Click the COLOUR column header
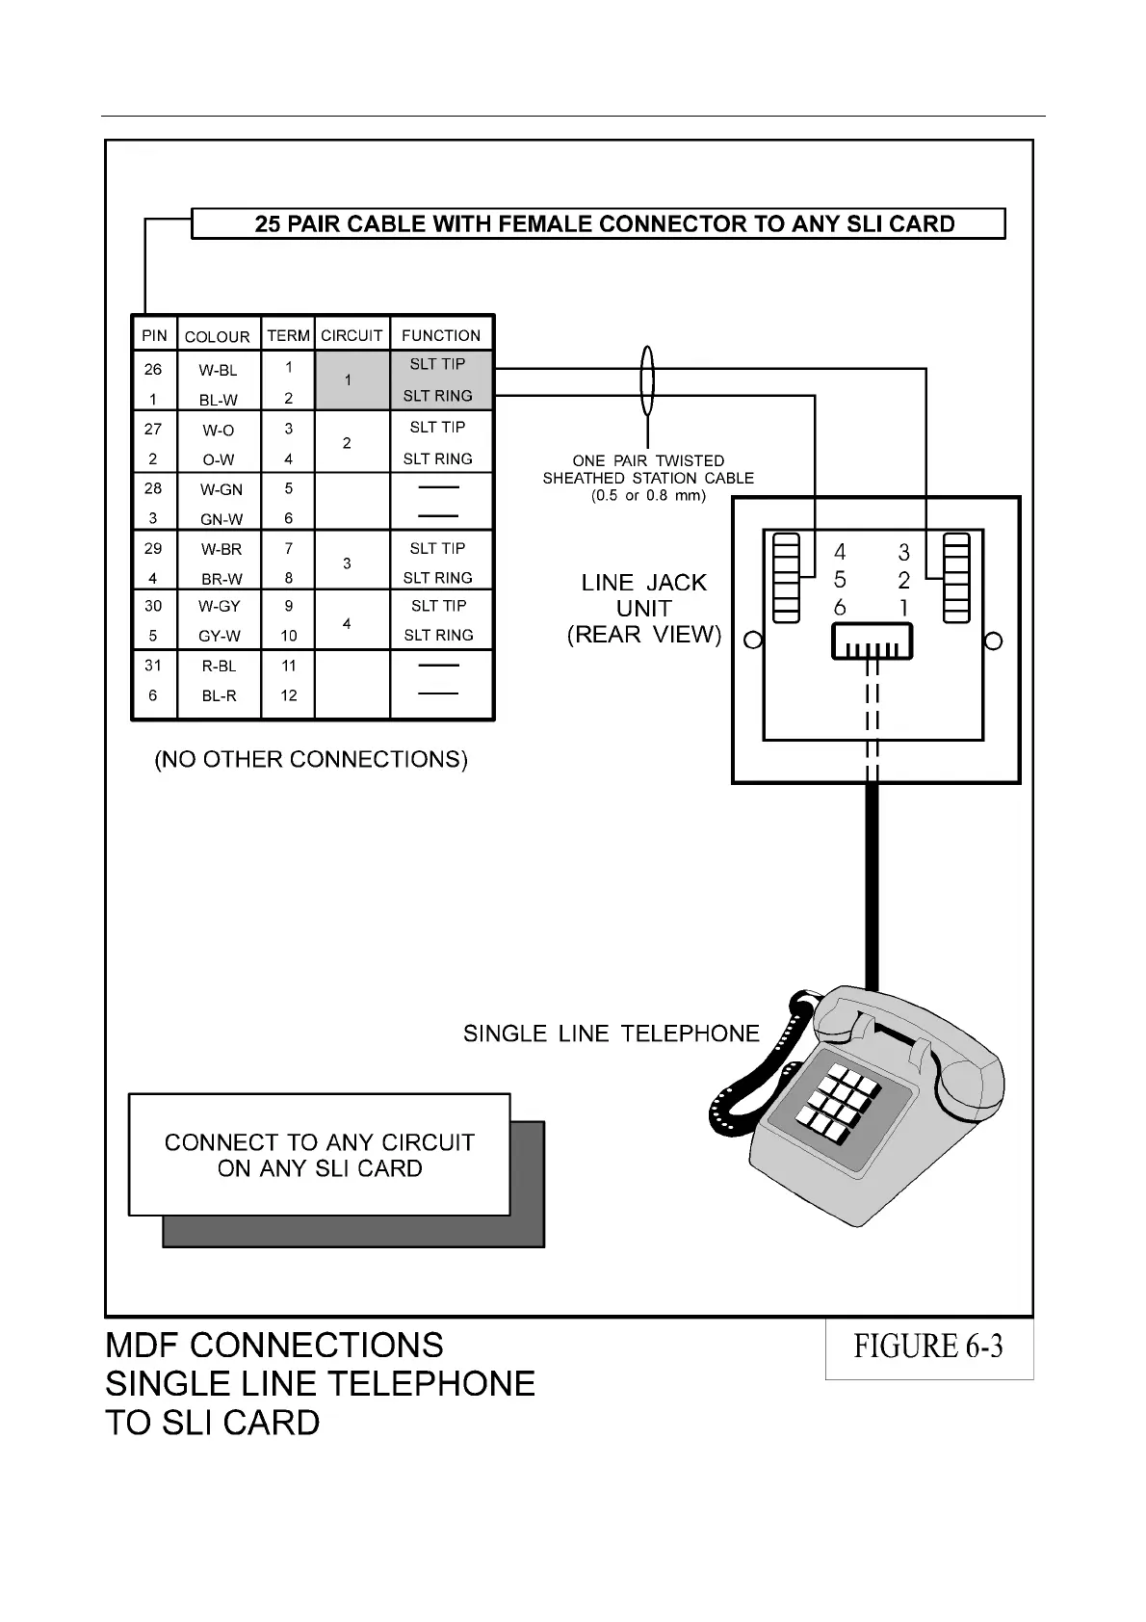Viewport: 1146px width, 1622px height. (x=217, y=337)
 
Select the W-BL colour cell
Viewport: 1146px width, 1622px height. (x=218, y=370)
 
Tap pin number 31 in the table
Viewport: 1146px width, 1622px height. (x=153, y=666)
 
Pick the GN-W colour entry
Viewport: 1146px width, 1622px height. (x=221, y=519)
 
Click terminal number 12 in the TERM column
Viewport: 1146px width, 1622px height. (x=289, y=695)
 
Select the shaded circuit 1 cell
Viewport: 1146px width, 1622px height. (x=349, y=380)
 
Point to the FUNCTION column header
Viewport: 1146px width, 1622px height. (x=441, y=336)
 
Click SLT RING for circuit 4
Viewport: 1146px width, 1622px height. (x=438, y=636)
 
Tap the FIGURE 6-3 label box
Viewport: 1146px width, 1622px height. (x=928, y=1347)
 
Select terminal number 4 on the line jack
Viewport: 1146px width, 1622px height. (x=840, y=553)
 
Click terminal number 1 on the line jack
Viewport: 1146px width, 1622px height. (x=903, y=609)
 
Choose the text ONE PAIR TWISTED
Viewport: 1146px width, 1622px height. (x=648, y=461)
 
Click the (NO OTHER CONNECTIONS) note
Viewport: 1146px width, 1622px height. (x=311, y=760)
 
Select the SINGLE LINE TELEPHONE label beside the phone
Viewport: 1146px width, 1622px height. (x=611, y=1034)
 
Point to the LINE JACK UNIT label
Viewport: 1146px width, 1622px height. (x=644, y=609)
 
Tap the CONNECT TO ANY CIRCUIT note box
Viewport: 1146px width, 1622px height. (x=320, y=1155)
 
